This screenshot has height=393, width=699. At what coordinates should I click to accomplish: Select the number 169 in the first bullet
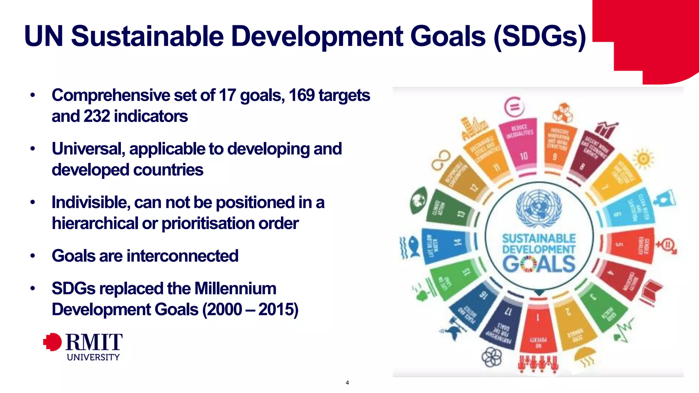tap(301, 95)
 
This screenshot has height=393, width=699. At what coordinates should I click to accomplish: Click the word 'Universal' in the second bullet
tap(88, 149)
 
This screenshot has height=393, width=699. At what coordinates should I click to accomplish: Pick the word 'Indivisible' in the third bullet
tap(91, 202)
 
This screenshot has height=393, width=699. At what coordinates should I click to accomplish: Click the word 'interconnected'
tap(182, 256)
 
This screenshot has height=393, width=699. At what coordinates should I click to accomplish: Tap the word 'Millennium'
tap(235, 289)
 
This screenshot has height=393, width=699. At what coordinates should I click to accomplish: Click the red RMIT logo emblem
tap(53, 342)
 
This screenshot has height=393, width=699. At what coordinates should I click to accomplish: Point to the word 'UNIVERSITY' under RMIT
tap(93, 357)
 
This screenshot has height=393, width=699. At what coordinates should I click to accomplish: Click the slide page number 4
tap(347, 383)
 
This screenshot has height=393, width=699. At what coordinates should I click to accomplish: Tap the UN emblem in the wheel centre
tap(539, 208)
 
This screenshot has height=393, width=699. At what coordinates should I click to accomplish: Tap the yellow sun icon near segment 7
tap(643, 158)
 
